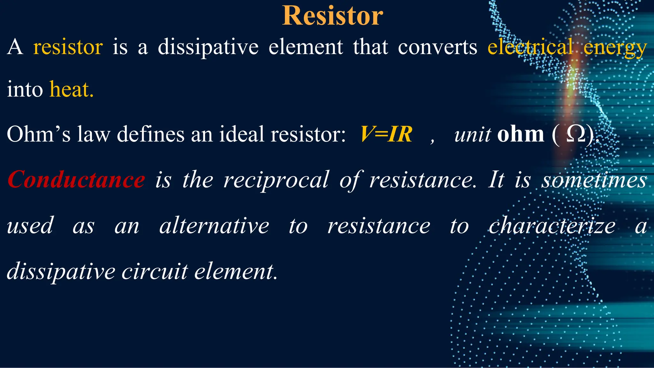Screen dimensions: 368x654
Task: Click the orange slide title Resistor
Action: tap(332, 16)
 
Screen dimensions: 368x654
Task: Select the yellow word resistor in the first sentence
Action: tap(68, 47)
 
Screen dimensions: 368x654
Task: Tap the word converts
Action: tap(437, 47)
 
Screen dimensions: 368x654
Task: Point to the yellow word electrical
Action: tap(530, 47)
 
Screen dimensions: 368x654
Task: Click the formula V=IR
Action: tap(386, 134)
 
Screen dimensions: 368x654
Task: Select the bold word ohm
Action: tap(521, 134)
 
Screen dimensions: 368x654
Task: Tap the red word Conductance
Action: tap(76, 180)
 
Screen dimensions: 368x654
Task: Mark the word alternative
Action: tap(214, 226)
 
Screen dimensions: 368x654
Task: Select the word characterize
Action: tap(552, 226)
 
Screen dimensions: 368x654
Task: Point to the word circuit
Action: tap(155, 272)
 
